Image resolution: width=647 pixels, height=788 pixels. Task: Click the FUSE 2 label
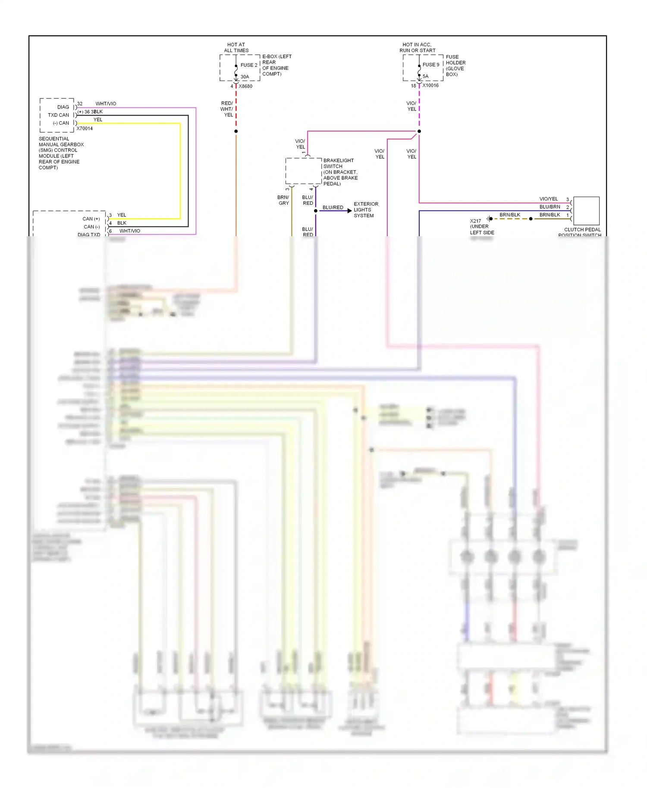(x=248, y=65)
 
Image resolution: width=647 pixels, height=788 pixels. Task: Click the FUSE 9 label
(x=430, y=65)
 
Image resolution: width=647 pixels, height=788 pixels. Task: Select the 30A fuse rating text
(x=245, y=77)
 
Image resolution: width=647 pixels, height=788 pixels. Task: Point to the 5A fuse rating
(x=425, y=76)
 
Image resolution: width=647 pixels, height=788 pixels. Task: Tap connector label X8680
(x=245, y=86)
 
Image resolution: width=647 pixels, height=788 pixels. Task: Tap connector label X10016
(x=430, y=85)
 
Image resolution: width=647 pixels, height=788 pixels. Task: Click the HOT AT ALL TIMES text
(x=236, y=47)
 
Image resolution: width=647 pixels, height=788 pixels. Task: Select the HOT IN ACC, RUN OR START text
(x=417, y=47)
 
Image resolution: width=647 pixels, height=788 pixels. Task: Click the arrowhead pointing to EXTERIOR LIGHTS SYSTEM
(x=349, y=211)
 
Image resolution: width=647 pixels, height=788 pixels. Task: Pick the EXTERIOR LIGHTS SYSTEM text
(x=365, y=210)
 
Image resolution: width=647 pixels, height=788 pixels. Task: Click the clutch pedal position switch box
(x=586, y=210)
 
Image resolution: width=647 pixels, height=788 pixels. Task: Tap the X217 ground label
(x=481, y=226)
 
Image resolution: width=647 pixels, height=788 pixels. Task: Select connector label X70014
(x=85, y=128)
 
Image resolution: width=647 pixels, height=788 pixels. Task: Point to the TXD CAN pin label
(x=58, y=115)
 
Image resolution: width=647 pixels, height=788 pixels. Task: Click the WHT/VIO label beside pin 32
(x=106, y=103)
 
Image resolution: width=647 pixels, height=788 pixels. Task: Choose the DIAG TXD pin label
(x=88, y=235)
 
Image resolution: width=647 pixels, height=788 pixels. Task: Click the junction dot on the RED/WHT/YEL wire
(x=236, y=131)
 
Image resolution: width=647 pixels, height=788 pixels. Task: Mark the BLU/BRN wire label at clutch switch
(x=550, y=207)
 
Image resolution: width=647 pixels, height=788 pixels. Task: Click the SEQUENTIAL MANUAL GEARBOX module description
(x=61, y=153)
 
